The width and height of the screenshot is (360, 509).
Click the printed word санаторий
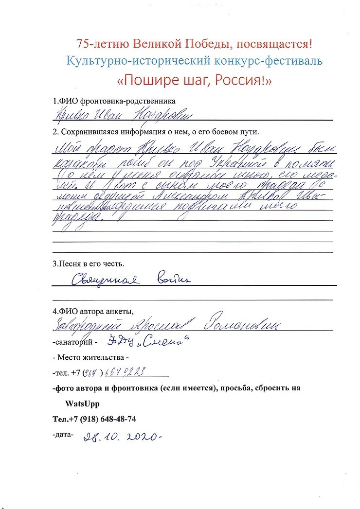[73, 343]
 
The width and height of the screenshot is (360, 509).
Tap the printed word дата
[63, 434]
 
